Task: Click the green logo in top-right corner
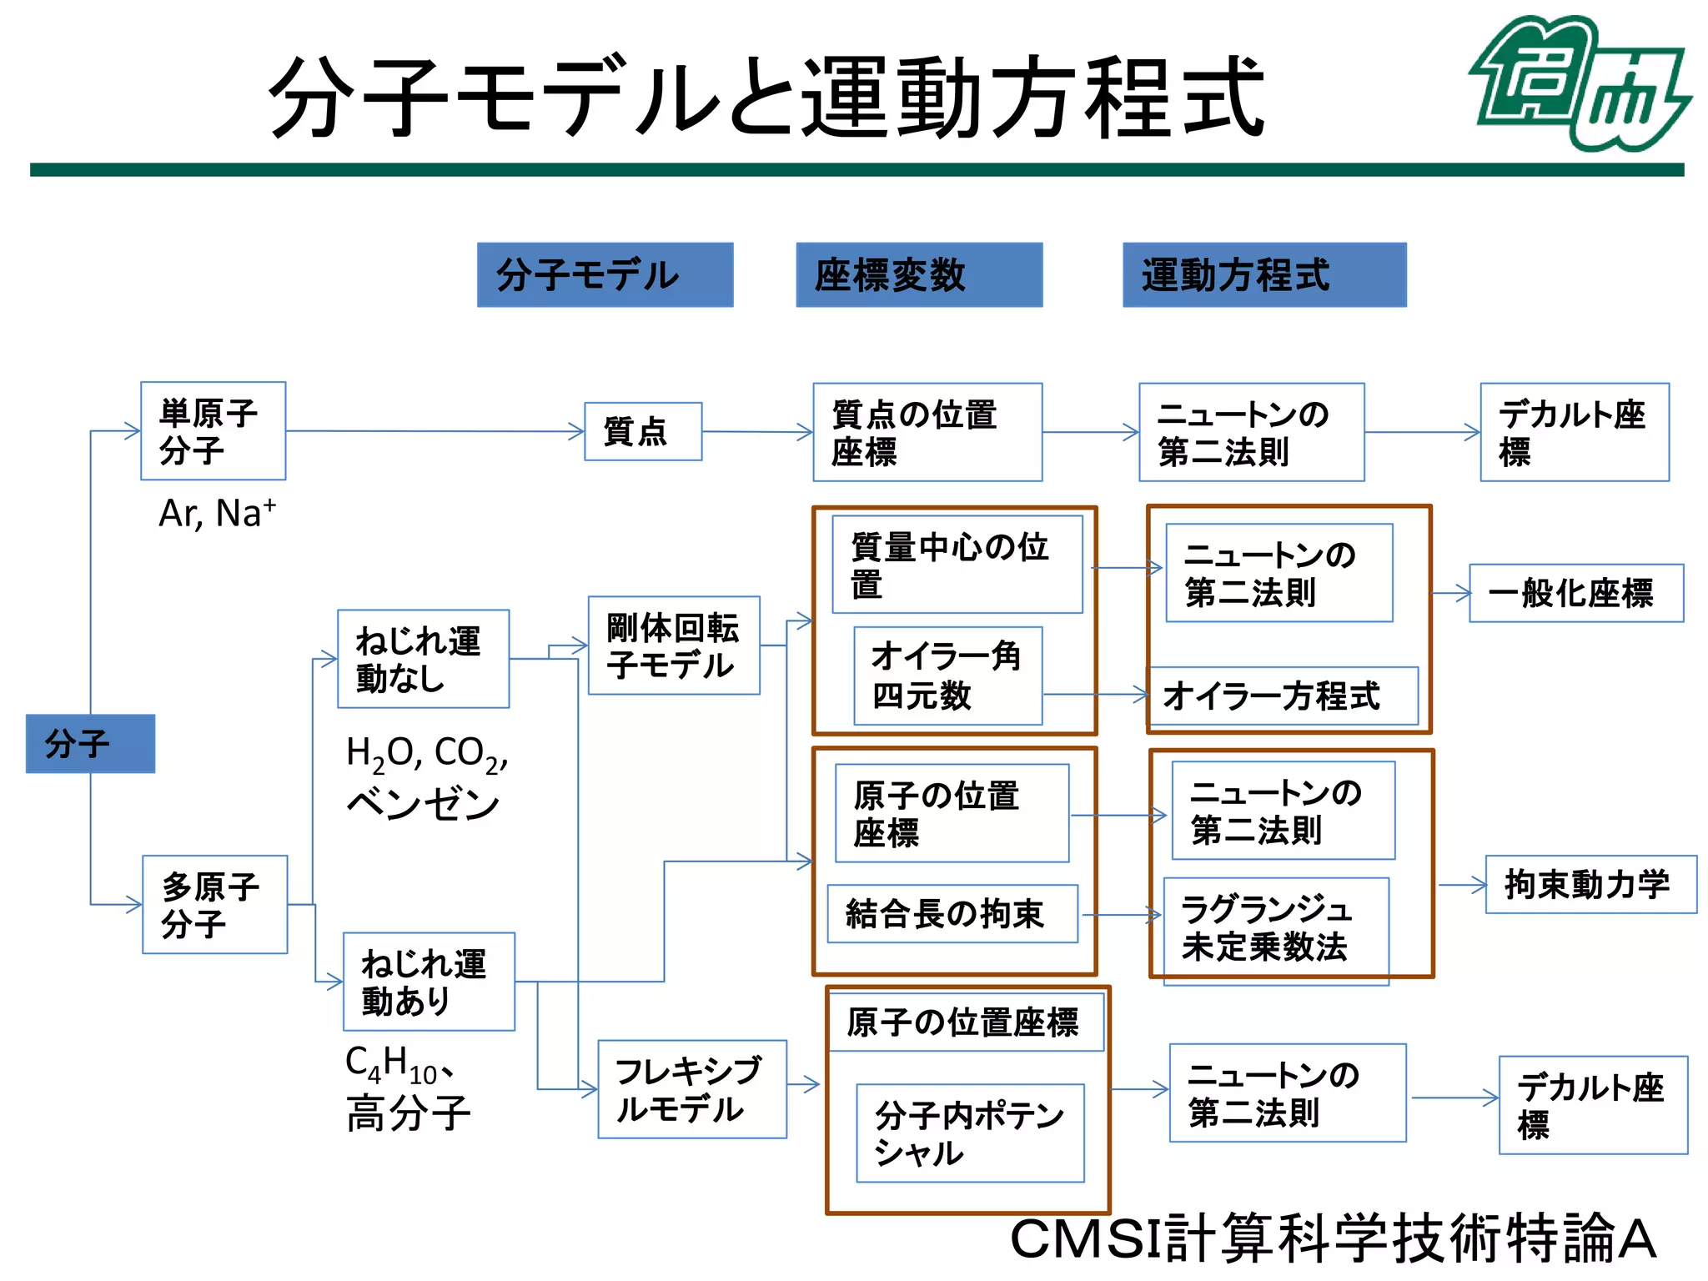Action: pyautogui.click(x=1579, y=83)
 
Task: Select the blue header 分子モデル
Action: pyautogui.click(x=605, y=275)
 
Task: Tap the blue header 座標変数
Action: pyautogui.click(x=919, y=275)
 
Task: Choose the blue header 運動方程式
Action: pyautogui.click(x=1263, y=275)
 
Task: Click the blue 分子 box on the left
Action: pyautogui.click(x=90, y=743)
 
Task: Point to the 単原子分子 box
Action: pyautogui.click(x=213, y=431)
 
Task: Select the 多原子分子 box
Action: pyautogui.click(x=214, y=904)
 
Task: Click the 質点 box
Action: pyautogui.click(x=643, y=431)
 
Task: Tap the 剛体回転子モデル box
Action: pyautogui.click(x=674, y=646)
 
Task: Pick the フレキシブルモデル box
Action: pyautogui.click(x=691, y=1089)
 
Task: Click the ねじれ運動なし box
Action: pyautogui.click(x=423, y=659)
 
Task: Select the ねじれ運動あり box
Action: pyautogui.click(x=429, y=982)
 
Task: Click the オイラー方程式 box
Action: pyautogui.click(x=1282, y=696)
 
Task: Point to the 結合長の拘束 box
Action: pyautogui.click(x=952, y=914)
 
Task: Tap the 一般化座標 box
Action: pyautogui.click(x=1575, y=593)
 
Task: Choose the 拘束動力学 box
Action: pyautogui.click(x=1590, y=884)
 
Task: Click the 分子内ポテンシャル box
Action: pyautogui.click(x=970, y=1133)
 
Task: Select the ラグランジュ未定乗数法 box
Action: pyautogui.click(x=1275, y=928)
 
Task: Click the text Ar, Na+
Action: pyautogui.click(x=217, y=513)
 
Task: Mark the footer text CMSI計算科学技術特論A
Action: pyautogui.click(x=1332, y=1239)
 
